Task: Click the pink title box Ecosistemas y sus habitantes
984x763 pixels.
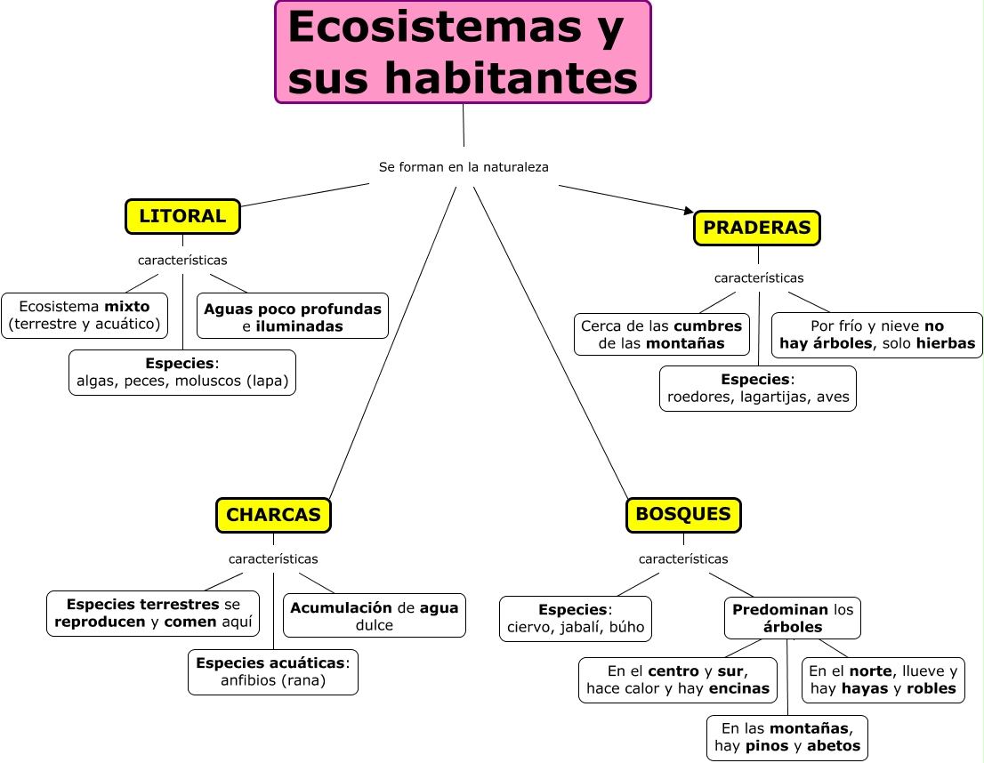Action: (x=463, y=52)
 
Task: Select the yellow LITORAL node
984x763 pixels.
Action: (x=182, y=216)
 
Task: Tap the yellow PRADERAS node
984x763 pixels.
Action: (x=756, y=228)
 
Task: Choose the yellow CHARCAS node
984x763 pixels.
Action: (x=273, y=515)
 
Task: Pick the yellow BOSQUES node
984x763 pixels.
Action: (x=683, y=514)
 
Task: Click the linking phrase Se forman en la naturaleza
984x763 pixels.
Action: (x=464, y=166)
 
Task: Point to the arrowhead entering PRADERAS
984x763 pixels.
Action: (x=688, y=211)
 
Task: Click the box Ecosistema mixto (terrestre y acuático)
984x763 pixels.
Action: (x=85, y=316)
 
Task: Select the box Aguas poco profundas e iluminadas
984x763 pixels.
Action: (x=293, y=317)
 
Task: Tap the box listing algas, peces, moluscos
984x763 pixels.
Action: (x=182, y=373)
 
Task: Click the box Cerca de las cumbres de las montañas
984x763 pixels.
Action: (x=661, y=334)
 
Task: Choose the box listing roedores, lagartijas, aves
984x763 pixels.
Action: (x=758, y=389)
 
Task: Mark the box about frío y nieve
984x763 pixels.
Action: (x=876, y=334)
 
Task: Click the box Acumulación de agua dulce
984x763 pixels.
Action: (x=375, y=615)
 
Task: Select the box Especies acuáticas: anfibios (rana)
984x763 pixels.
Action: (x=273, y=671)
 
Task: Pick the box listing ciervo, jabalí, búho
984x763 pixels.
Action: (x=576, y=619)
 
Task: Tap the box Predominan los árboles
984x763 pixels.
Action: (x=793, y=618)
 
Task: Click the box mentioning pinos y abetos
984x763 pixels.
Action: (x=787, y=737)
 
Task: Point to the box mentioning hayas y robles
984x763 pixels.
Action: (x=883, y=680)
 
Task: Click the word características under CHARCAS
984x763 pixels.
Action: (x=273, y=559)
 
